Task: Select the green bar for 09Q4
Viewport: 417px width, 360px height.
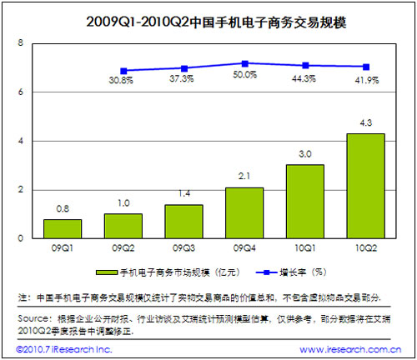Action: pos(244,212)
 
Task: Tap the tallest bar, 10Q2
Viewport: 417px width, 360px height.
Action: pos(364,186)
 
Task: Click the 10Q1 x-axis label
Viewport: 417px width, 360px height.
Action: pos(304,247)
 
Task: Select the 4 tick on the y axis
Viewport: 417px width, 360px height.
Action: pos(22,141)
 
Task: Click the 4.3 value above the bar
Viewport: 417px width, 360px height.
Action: pos(364,125)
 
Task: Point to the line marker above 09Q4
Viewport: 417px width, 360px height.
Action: pos(244,63)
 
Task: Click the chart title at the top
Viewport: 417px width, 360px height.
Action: pos(208,18)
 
